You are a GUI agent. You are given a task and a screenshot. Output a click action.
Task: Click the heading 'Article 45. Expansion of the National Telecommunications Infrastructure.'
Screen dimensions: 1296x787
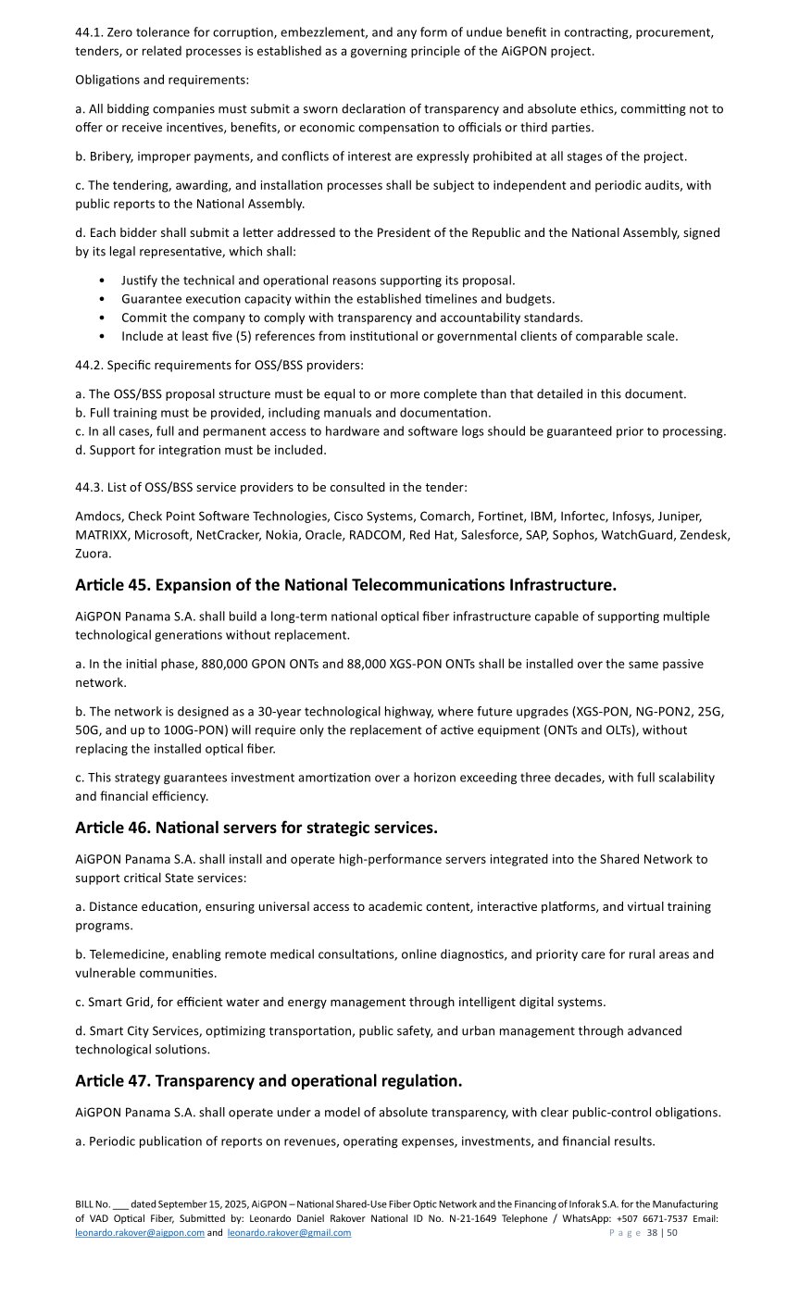pyautogui.click(x=345, y=585)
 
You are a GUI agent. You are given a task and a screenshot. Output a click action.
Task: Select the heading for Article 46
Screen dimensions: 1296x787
pyautogui.click(x=256, y=828)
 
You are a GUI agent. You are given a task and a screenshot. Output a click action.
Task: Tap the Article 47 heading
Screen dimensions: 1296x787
pyautogui.click(x=269, y=1080)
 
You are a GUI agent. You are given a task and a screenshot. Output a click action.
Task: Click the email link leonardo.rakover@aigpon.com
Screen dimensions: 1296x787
pyautogui.click(x=140, y=1232)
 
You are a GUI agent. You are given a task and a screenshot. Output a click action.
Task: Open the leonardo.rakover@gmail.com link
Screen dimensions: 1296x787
pyautogui.click(x=289, y=1232)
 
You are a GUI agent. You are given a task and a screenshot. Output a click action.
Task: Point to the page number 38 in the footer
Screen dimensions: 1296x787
pyautogui.click(x=652, y=1232)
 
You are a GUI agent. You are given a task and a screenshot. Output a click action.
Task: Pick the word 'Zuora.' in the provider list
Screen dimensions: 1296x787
pyautogui.click(x=94, y=554)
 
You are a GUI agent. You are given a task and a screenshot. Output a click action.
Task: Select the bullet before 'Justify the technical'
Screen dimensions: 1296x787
pyautogui.click(x=101, y=280)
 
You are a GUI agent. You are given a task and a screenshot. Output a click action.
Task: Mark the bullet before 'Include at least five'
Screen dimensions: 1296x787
pyautogui.click(x=101, y=337)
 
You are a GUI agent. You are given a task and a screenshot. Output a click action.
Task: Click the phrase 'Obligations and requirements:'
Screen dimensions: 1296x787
pyautogui.click(x=162, y=80)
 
